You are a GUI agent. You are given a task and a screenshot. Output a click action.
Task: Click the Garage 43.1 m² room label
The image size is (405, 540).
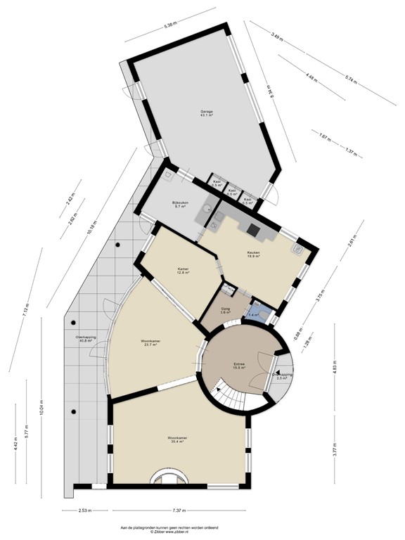(206, 114)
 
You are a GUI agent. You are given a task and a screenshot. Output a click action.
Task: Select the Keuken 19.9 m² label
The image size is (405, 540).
(253, 255)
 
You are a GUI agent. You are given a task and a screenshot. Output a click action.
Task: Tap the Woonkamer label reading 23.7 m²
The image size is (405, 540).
(150, 342)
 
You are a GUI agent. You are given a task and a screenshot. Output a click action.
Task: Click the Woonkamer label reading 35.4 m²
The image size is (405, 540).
(177, 439)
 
